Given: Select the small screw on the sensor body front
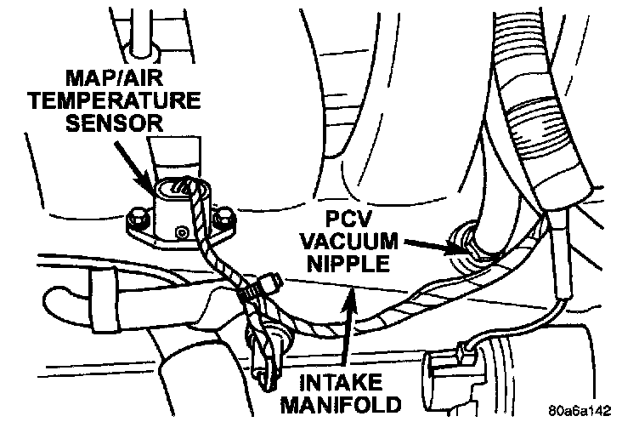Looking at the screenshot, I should point(178,231).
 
